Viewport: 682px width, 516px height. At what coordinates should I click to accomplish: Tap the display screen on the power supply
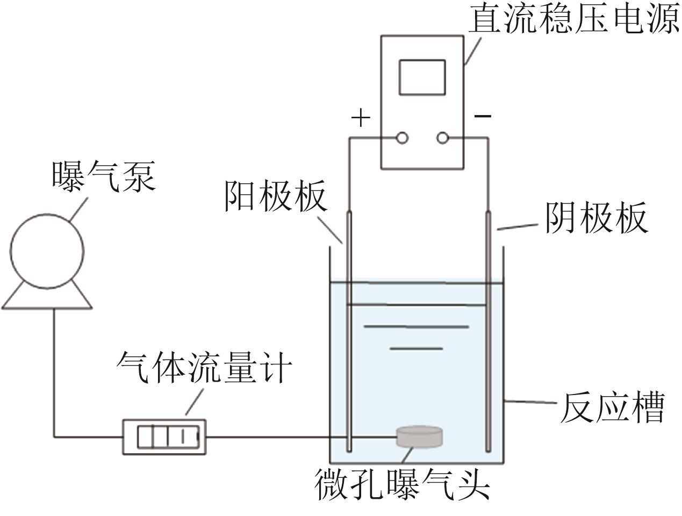tap(422, 77)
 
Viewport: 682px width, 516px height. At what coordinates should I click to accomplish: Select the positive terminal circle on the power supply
tap(401, 138)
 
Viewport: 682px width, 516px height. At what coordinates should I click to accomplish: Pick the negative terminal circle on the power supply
tap(442, 138)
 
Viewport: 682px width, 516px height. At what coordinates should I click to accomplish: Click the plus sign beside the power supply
tap(361, 118)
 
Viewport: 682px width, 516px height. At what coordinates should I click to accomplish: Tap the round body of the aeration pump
tap(47, 249)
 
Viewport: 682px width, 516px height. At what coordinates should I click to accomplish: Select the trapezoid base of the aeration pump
tap(47, 297)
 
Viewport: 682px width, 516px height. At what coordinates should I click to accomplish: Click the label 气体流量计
tap(204, 369)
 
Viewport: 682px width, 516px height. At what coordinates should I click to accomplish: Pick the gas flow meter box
tap(164, 436)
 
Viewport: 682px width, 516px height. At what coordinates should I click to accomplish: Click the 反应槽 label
tap(613, 408)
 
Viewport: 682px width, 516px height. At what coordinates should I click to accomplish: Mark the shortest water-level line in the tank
tap(417, 349)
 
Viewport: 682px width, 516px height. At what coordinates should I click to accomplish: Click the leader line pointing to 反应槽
tap(529, 402)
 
